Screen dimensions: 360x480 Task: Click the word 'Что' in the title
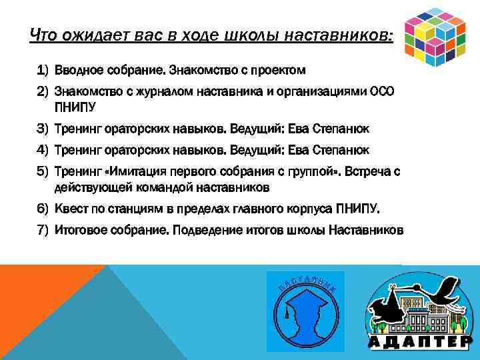coord(43,35)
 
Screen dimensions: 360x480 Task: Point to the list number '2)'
coord(43,91)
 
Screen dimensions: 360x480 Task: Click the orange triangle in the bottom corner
coord(33,293)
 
